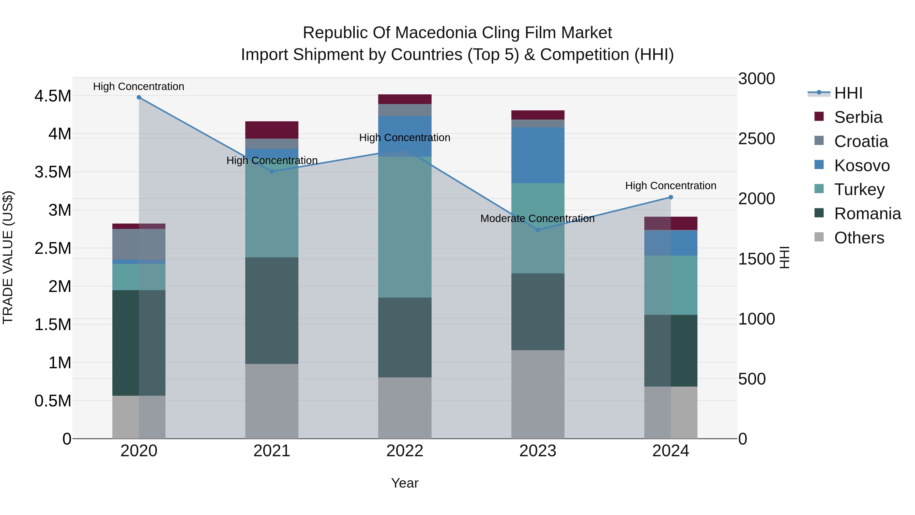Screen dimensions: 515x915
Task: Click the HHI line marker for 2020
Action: (x=139, y=97)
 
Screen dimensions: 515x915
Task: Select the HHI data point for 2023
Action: (x=538, y=230)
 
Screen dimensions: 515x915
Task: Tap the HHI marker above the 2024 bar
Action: (x=671, y=197)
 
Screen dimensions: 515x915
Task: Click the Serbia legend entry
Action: (x=858, y=117)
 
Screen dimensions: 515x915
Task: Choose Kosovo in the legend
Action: (x=861, y=166)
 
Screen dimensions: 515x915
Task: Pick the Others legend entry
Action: (x=859, y=238)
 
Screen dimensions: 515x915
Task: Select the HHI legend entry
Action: (x=848, y=93)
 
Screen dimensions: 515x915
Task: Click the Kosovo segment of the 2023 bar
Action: (x=538, y=155)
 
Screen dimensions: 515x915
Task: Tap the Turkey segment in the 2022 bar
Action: (x=405, y=227)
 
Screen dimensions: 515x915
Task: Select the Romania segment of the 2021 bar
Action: (x=272, y=310)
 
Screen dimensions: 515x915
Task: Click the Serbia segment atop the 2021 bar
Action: (x=272, y=130)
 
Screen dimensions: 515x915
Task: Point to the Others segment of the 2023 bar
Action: (x=538, y=394)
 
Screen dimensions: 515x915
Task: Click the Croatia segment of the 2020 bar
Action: (x=139, y=244)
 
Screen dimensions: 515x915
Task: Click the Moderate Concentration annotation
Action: (x=537, y=218)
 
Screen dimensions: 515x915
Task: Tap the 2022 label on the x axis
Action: (x=405, y=451)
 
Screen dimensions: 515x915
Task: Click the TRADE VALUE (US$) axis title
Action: (x=8, y=257)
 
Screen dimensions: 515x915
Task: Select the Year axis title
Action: (x=405, y=483)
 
